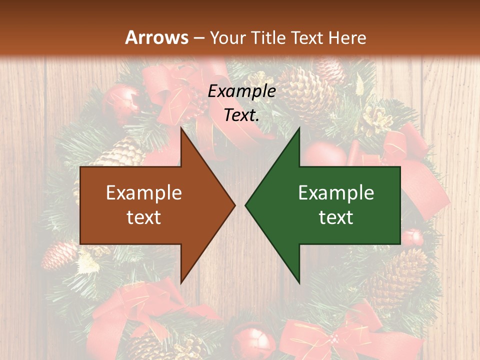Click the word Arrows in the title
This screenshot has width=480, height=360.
click(x=156, y=37)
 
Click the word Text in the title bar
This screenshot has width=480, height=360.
click(x=308, y=37)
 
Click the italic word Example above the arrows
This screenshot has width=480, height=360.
click(x=241, y=91)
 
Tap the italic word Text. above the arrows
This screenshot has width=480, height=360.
click(x=241, y=115)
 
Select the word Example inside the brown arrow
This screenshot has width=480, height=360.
click(x=144, y=192)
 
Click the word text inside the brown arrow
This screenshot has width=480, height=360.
click(x=144, y=217)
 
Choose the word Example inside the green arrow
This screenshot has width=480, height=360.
click(x=336, y=192)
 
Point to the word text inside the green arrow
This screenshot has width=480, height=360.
click(x=336, y=217)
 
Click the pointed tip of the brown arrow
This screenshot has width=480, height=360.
click(x=234, y=205)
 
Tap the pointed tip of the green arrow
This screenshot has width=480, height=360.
click(x=246, y=205)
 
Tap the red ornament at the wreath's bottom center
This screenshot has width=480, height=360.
click(x=252, y=340)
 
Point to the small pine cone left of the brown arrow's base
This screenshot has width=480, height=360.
click(x=59, y=255)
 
